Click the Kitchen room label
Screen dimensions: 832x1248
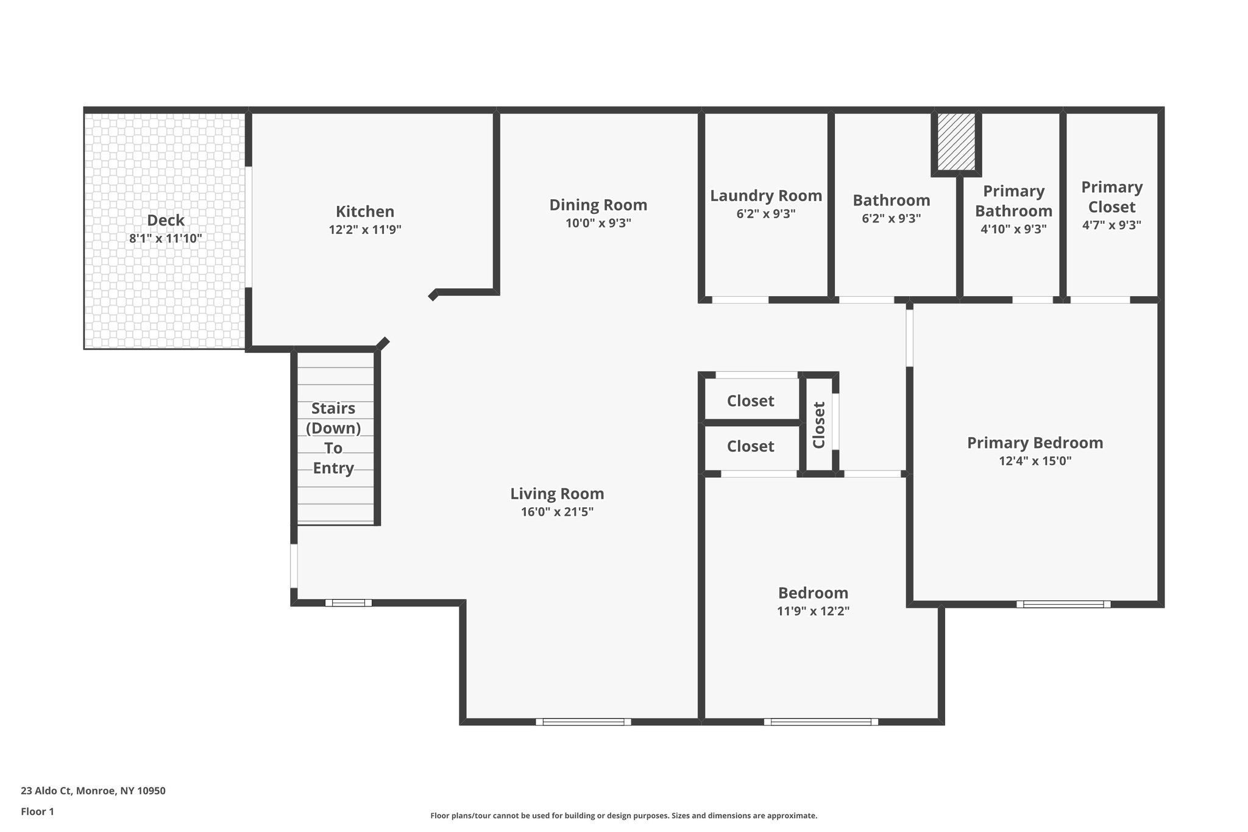point(364,212)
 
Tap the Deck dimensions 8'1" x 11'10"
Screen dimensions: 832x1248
point(165,238)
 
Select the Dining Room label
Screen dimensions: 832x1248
point(598,205)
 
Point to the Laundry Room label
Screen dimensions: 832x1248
point(765,196)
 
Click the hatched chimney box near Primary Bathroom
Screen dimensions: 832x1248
point(955,143)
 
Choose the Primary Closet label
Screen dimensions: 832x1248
point(1111,197)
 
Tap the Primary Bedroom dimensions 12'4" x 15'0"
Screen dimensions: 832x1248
point(1035,461)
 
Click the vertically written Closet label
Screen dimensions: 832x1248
point(819,425)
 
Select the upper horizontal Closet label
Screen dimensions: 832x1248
point(750,401)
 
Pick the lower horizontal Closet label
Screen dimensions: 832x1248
point(750,447)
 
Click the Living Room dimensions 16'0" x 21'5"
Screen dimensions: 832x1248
point(557,512)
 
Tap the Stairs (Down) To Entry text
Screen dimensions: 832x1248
point(333,438)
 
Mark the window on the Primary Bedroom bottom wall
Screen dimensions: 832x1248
point(1063,605)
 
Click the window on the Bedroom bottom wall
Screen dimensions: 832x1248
point(821,722)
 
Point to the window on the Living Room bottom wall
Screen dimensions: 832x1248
point(583,722)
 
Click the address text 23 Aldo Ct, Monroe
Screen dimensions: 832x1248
point(93,791)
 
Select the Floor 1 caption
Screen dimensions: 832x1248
point(37,812)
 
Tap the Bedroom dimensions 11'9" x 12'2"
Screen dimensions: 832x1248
point(813,611)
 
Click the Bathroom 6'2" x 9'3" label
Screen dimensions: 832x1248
point(891,208)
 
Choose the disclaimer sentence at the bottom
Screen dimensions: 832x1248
point(623,816)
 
